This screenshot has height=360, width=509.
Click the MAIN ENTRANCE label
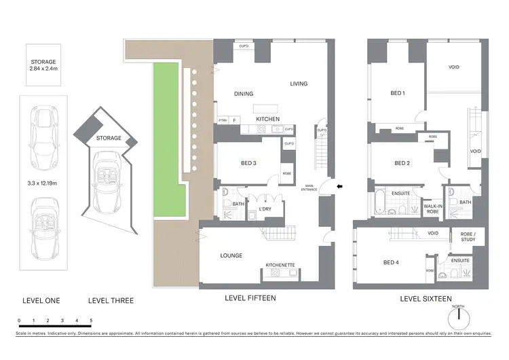[x=314, y=188]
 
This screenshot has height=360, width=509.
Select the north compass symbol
[x=459, y=318]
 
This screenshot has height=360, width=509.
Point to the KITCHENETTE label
[x=280, y=265]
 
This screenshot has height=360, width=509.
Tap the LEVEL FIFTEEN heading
[x=250, y=298]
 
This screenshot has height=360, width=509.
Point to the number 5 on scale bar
[x=91, y=319]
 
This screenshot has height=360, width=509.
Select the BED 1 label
[x=398, y=93]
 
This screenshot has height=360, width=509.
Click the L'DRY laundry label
[x=265, y=209]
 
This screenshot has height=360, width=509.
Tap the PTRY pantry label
[x=222, y=120]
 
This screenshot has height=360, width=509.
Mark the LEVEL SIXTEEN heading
[x=426, y=298]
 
